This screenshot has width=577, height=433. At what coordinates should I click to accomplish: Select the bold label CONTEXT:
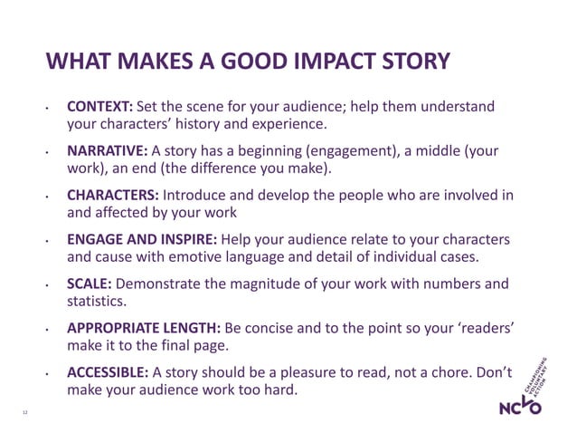(99, 107)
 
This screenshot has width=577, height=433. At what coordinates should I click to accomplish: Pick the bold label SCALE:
(90, 284)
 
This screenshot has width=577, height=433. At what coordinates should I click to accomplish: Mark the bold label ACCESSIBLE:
(108, 372)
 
